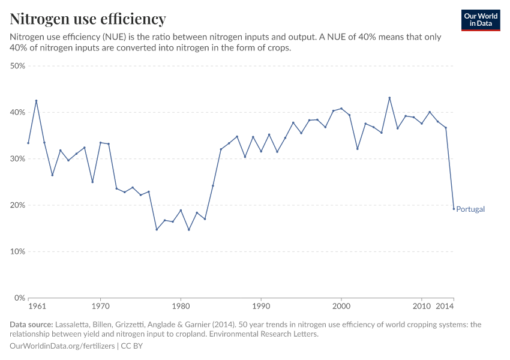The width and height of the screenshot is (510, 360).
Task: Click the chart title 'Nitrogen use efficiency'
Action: [88, 19]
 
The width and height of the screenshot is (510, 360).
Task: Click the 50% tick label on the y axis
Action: [17, 66]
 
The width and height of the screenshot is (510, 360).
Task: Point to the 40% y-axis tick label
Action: [17, 113]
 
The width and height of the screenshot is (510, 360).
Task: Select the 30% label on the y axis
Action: [17, 159]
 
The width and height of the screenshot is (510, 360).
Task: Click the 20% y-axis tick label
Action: [17, 205]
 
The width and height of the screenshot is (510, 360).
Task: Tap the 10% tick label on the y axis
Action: [17, 251]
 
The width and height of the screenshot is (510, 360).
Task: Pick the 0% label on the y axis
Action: [19, 298]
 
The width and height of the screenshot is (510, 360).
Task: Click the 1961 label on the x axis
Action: [37, 307]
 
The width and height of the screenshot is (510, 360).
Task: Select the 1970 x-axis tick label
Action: [100, 307]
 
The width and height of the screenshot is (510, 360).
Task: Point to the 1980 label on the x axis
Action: [181, 307]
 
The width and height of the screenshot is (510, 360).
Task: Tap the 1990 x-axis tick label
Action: [261, 307]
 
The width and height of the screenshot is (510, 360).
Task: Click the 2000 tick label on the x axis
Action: [341, 307]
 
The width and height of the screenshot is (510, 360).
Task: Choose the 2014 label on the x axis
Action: [445, 307]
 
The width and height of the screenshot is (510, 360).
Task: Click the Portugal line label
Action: [470, 209]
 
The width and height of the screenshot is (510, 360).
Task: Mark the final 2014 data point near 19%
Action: [454, 208]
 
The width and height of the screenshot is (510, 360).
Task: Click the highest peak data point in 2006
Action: [389, 98]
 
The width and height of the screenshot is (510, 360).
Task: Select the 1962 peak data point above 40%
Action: [36, 101]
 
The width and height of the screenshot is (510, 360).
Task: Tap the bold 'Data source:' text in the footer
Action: [32, 325]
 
